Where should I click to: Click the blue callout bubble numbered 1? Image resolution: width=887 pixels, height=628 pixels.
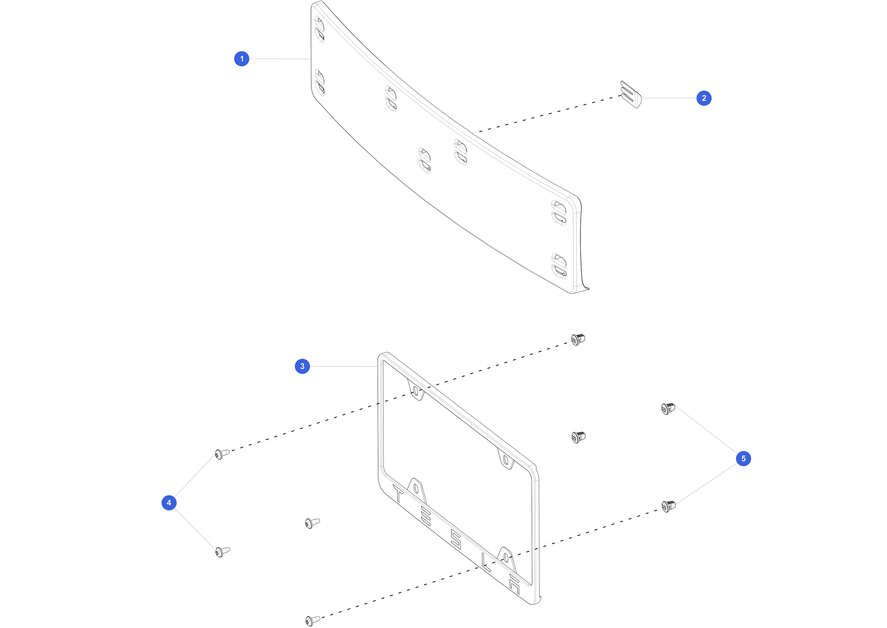click(242, 59)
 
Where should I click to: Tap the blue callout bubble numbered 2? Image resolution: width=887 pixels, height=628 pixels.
click(704, 98)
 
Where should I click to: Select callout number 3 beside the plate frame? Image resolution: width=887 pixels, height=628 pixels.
click(302, 366)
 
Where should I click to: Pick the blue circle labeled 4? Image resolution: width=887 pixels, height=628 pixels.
click(169, 503)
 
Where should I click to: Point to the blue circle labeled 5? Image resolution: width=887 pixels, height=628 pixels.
click(743, 459)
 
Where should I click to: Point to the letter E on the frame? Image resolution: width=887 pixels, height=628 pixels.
click(426, 517)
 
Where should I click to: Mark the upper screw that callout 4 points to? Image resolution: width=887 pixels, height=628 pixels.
click(222, 454)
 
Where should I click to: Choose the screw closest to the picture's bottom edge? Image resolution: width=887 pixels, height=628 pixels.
click(313, 621)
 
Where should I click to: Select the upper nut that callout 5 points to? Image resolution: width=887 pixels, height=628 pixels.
click(668, 409)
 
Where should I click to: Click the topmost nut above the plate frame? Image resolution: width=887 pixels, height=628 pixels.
click(578, 339)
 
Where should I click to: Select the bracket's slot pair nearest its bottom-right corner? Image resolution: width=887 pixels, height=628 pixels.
click(559, 266)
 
